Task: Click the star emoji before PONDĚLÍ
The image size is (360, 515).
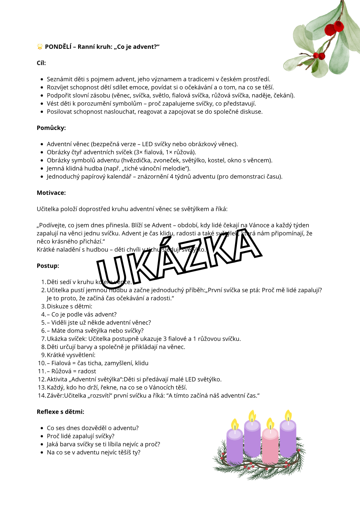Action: point(40,47)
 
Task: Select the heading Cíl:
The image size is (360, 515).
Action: point(41,63)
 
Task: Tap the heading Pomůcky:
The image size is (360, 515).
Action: point(51,128)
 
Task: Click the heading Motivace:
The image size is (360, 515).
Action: point(51,193)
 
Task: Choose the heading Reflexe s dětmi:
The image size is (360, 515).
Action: point(60,412)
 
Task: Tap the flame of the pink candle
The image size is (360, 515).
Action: point(270,423)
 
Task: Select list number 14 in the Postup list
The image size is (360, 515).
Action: point(42,396)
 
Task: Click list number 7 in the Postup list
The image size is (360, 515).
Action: point(43,339)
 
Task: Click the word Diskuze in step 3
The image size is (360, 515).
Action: point(57,306)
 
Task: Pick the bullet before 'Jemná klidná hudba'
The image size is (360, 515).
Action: point(42,168)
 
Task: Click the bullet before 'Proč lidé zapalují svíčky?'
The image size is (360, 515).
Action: point(42,436)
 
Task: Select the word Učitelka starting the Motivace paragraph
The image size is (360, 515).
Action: point(48,209)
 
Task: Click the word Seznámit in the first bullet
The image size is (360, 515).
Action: point(59,79)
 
